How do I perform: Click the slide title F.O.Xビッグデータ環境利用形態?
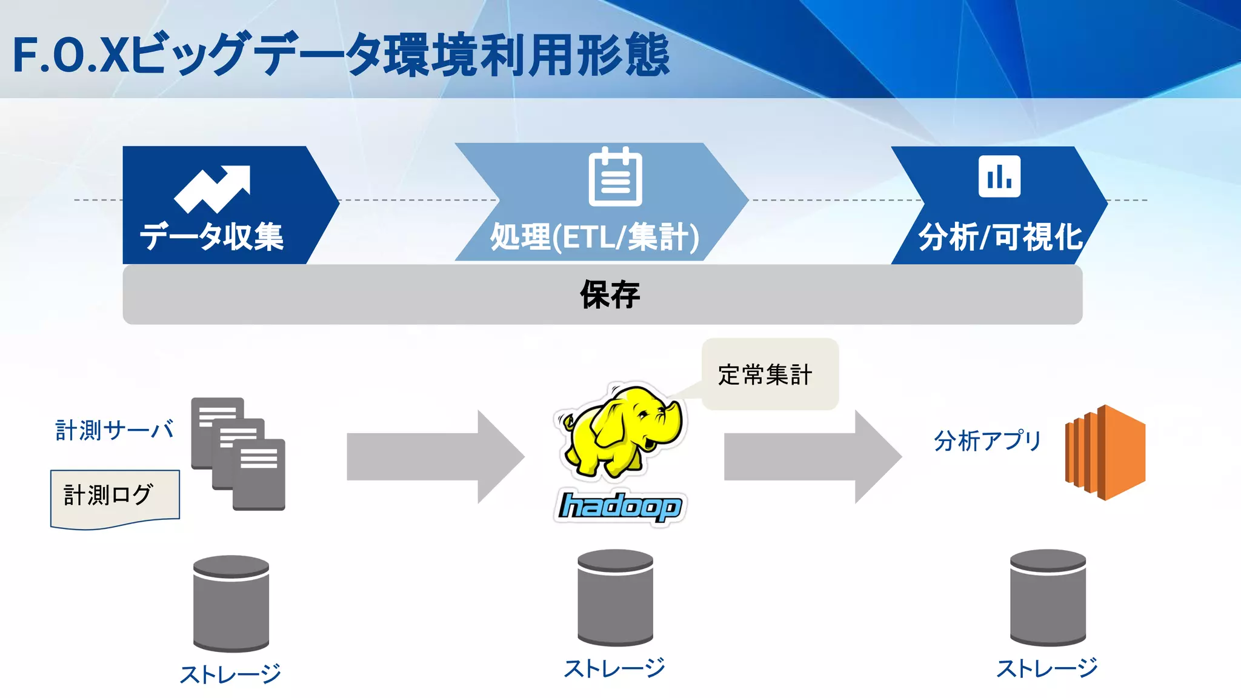pyautogui.click(x=341, y=55)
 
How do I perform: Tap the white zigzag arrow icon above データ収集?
pyautogui.click(x=212, y=188)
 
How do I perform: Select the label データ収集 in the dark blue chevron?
pyautogui.click(x=211, y=236)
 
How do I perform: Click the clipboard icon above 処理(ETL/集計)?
pyautogui.click(x=615, y=177)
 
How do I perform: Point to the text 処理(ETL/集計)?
pyautogui.click(x=594, y=237)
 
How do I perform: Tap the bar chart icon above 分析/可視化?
pyautogui.click(x=999, y=176)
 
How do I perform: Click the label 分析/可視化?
pyautogui.click(x=1000, y=237)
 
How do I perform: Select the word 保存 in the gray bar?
pyautogui.click(x=610, y=295)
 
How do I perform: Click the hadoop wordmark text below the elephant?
pyautogui.click(x=620, y=506)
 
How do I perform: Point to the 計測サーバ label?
pyautogui.click(x=115, y=430)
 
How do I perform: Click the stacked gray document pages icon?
pyautogui.click(x=238, y=453)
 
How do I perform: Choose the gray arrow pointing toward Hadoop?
pyautogui.click(x=435, y=457)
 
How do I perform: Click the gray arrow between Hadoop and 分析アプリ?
pyautogui.click(x=812, y=457)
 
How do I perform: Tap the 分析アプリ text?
pyautogui.click(x=987, y=440)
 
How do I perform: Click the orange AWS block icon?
pyautogui.click(x=1105, y=453)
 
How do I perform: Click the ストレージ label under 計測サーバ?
pyautogui.click(x=230, y=674)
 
